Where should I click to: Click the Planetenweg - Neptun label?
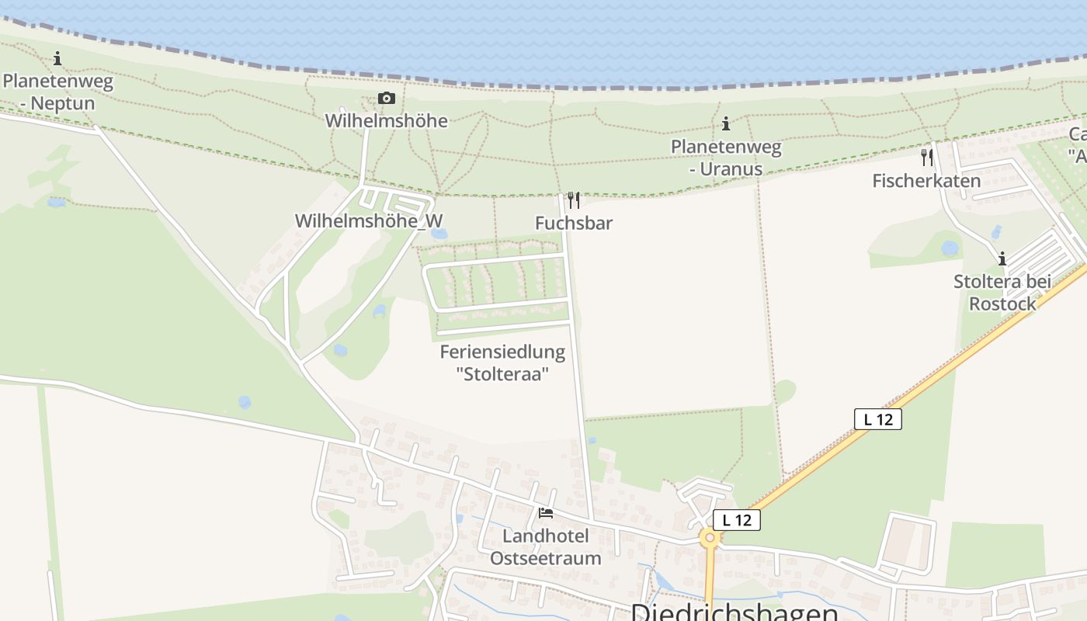click(58, 92)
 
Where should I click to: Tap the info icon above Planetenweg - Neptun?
click(57, 58)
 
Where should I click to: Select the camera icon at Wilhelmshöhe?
click(386, 98)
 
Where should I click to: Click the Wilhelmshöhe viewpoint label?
click(386, 120)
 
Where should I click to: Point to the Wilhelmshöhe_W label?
click(368, 220)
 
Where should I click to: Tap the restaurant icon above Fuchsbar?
click(574, 200)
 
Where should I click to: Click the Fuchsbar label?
click(574, 223)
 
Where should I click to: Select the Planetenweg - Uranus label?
click(726, 158)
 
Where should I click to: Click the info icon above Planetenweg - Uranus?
click(726, 123)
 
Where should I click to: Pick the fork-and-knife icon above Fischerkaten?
click(926, 157)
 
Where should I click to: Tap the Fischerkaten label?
click(926, 181)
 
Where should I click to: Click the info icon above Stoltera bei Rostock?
click(1002, 258)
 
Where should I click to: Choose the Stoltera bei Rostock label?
click(1002, 292)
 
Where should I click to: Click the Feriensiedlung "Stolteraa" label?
click(502, 363)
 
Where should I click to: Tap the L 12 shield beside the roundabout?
click(736, 520)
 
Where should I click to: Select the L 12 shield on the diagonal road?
click(877, 419)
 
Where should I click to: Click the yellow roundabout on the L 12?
click(709, 537)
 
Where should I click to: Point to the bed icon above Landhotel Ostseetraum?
click(546, 513)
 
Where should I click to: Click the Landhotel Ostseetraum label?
click(546, 547)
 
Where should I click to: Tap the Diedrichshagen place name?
click(734, 612)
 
